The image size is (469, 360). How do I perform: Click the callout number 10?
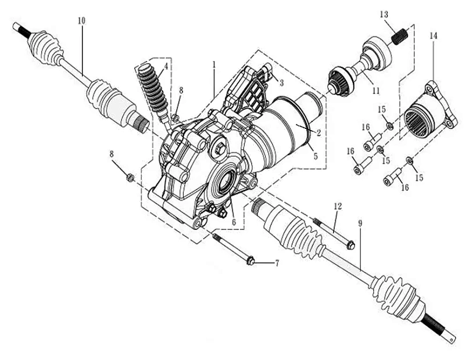click(x=81, y=20)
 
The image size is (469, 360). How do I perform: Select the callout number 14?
click(x=433, y=36)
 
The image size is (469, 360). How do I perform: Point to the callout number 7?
click(x=277, y=263)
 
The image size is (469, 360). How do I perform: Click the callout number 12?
click(x=338, y=206)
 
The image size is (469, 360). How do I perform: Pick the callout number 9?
click(x=360, y=223)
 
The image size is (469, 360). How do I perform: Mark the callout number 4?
click(x=166, y=67)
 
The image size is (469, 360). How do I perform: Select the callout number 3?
click(x=281, y=82)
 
